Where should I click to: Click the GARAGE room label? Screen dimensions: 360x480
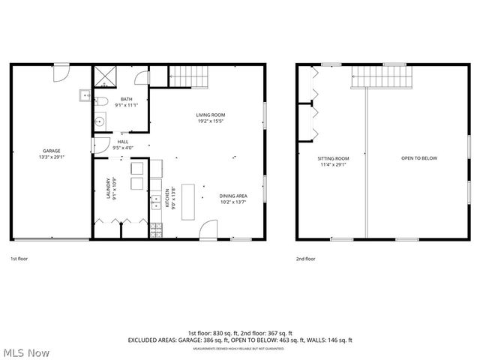click(x=52, y=154)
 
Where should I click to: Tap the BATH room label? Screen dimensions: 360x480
click(x=126, y=103)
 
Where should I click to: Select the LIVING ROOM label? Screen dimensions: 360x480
click(x=211, y=118)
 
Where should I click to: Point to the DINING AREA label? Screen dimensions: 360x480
click(x=233, y=199)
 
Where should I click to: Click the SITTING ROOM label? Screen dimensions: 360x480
click(x=334, y=160)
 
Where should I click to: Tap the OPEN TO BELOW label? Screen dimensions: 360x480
click(x=418, y=158)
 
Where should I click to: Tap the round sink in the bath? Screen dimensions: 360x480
click(x=98, y=121)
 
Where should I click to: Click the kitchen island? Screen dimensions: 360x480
click(x=187, y=200)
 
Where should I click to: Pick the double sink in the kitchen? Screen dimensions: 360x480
click(x=156, y=201)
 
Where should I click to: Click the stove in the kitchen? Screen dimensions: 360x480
click(x=156, y=227)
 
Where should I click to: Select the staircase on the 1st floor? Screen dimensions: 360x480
click(x=187, y=76)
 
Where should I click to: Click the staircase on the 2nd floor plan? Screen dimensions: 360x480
click(x=382, y=76)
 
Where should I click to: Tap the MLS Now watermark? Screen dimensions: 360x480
click(x=25, y=352)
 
